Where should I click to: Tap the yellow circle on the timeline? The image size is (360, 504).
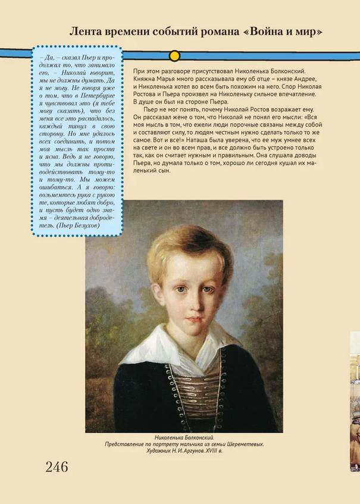pos(174,56)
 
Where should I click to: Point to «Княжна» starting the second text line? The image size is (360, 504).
pos(143,79)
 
